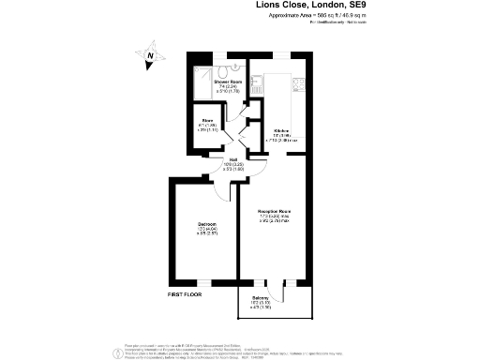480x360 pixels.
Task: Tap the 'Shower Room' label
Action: click(228, 82)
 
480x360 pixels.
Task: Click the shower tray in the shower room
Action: click(201, 78)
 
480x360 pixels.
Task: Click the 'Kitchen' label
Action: click(281, 130)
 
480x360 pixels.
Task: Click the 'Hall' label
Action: click(233, 159)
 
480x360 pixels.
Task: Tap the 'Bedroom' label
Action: click(207, 225)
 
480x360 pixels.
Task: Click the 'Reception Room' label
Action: click(275, 212)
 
